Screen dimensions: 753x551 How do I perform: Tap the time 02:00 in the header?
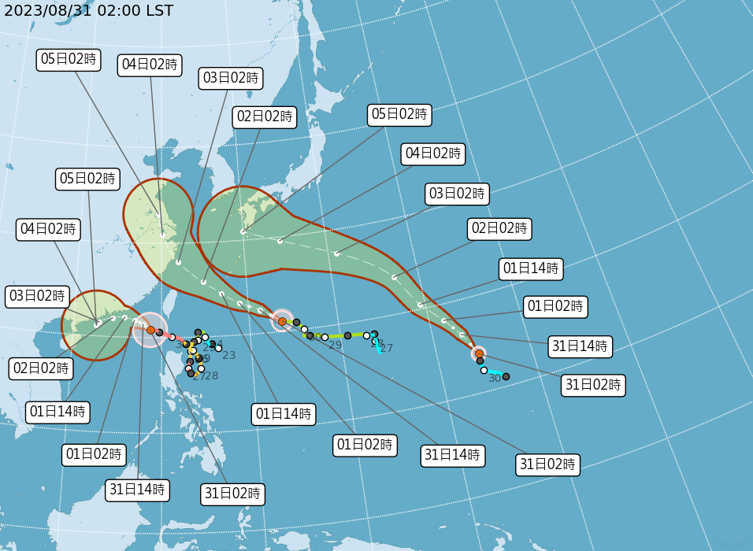(117, 10)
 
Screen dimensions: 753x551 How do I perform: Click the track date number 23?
(229, 356)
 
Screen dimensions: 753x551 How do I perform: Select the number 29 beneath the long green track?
(336, 346)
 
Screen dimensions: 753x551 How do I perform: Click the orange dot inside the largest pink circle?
(150, 330)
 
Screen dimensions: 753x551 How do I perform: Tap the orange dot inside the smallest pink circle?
(479, 353)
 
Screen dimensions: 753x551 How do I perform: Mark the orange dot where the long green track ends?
(282, 321)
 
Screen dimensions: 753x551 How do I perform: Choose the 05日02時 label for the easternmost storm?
(400, 114)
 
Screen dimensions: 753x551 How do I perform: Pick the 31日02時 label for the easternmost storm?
(593, 385)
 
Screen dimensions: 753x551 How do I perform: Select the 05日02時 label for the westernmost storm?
(88, 179)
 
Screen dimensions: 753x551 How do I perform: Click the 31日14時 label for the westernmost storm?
(137, 490)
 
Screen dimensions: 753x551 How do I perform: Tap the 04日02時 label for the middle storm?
(150, 65)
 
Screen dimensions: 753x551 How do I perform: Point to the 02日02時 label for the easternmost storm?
(499, 229)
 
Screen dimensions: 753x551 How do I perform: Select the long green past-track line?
(339, 336)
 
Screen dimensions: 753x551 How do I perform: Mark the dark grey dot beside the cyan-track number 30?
(506, 376)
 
